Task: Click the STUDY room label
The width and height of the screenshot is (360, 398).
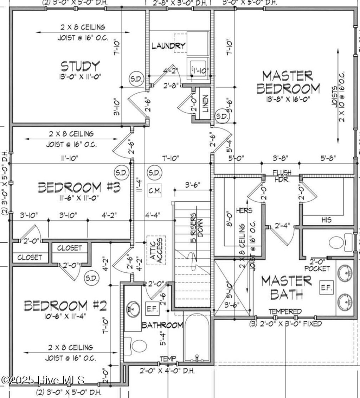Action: (x=80, y=66)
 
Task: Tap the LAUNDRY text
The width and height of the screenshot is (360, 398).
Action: (x=168, y=46)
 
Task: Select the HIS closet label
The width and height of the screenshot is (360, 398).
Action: (x=326, y=220)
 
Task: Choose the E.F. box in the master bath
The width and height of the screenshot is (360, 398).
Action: (x=326, y=288)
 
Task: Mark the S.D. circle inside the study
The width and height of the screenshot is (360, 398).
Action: (x=136, y=79)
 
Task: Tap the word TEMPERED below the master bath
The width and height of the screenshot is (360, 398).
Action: (x=285, y=311)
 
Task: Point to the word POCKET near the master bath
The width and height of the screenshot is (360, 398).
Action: (x=317, y=269)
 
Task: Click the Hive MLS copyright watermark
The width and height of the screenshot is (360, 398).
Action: (x=43, y=380)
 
